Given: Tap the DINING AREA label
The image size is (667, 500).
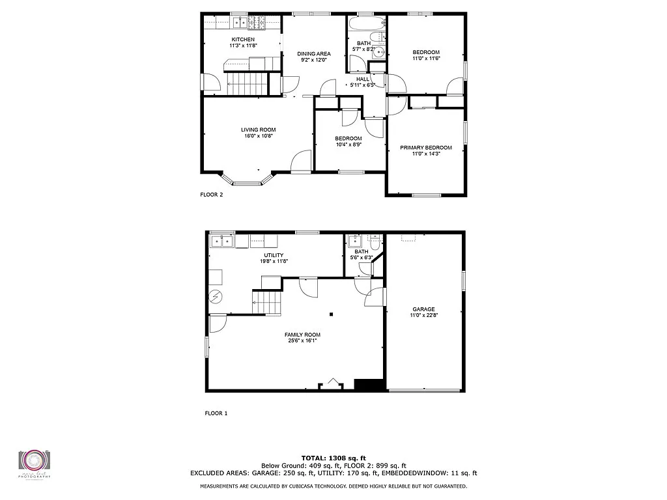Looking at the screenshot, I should click(314, 53).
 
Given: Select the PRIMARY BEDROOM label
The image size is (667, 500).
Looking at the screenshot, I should click(426, 148).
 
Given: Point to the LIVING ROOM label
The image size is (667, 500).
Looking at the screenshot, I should click(259, 130).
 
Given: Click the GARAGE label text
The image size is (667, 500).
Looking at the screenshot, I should click(423, 309).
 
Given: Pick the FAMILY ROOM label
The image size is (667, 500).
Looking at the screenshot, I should click(302, 335).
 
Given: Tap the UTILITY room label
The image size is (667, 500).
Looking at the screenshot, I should click(274, 255).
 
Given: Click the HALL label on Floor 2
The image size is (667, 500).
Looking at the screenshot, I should click(362, 79).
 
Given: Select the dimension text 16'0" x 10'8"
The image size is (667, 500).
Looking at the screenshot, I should click(259, 136).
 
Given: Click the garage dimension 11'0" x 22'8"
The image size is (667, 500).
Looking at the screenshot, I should click(423, 316).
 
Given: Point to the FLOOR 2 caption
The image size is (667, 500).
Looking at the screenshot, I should click(211, 194).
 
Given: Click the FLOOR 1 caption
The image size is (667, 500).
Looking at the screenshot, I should click(216, 413).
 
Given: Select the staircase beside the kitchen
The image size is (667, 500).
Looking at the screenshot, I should click(247, 83).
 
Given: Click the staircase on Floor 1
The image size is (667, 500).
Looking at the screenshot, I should click(264, 301).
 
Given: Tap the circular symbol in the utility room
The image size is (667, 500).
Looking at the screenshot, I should click(215, 297).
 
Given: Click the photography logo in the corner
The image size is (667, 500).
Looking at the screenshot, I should click(34, 462).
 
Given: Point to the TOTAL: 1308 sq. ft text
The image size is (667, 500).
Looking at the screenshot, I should click(333, 458).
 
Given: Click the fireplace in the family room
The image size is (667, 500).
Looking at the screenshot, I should click(333, 384).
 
